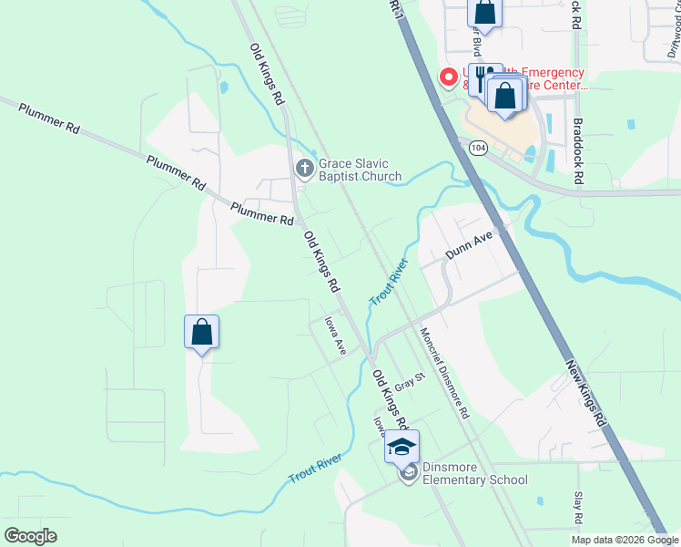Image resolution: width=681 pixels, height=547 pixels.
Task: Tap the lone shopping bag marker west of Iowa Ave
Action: pos(202,333)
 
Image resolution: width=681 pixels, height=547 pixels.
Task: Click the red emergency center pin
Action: pos(448,77)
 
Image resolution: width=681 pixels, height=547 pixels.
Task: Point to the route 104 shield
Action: pos(476,146)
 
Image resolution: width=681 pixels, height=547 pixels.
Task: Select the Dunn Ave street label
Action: pos(468,244)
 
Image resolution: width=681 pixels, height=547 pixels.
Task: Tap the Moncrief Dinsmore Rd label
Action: pos(444,373)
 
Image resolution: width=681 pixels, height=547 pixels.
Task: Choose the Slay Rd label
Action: pos(577,508)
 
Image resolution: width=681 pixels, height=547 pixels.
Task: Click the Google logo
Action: pos(30,535)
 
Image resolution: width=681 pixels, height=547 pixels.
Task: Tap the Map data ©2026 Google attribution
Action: pos(625,540)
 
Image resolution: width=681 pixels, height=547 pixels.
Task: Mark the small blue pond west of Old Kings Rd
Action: pos(224,88)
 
